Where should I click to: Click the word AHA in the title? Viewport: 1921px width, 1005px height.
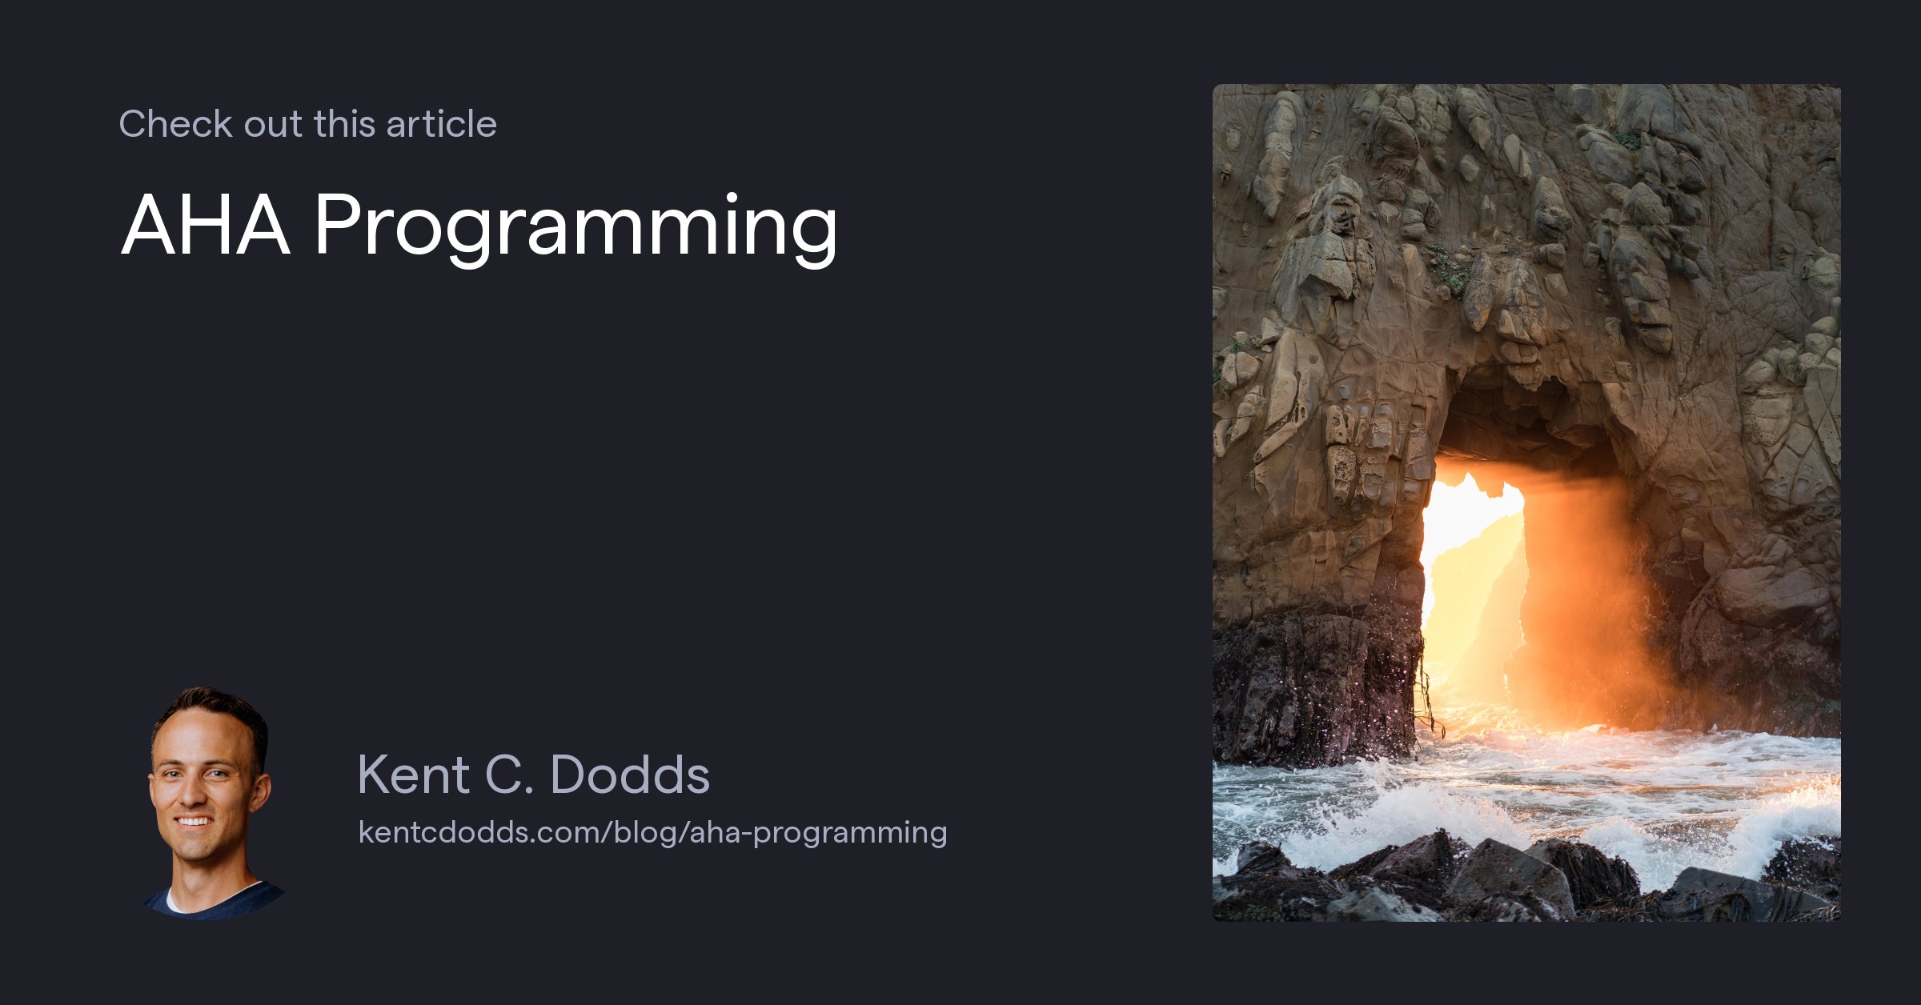coord(205,226)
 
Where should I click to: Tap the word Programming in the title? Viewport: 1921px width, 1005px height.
coord(575,227)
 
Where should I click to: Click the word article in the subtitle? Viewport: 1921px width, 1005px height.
coord(441,124)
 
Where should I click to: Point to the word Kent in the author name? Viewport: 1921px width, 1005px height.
coord(413,775)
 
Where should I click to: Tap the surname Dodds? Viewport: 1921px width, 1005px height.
coord(630,775)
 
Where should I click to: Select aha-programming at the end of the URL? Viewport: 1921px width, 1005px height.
coord(818,833)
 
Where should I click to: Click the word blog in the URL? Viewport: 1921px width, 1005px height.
coord(646,832)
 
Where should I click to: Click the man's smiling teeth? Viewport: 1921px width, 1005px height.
coord(194,821)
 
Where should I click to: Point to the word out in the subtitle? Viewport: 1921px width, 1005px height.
coord(273,124)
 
